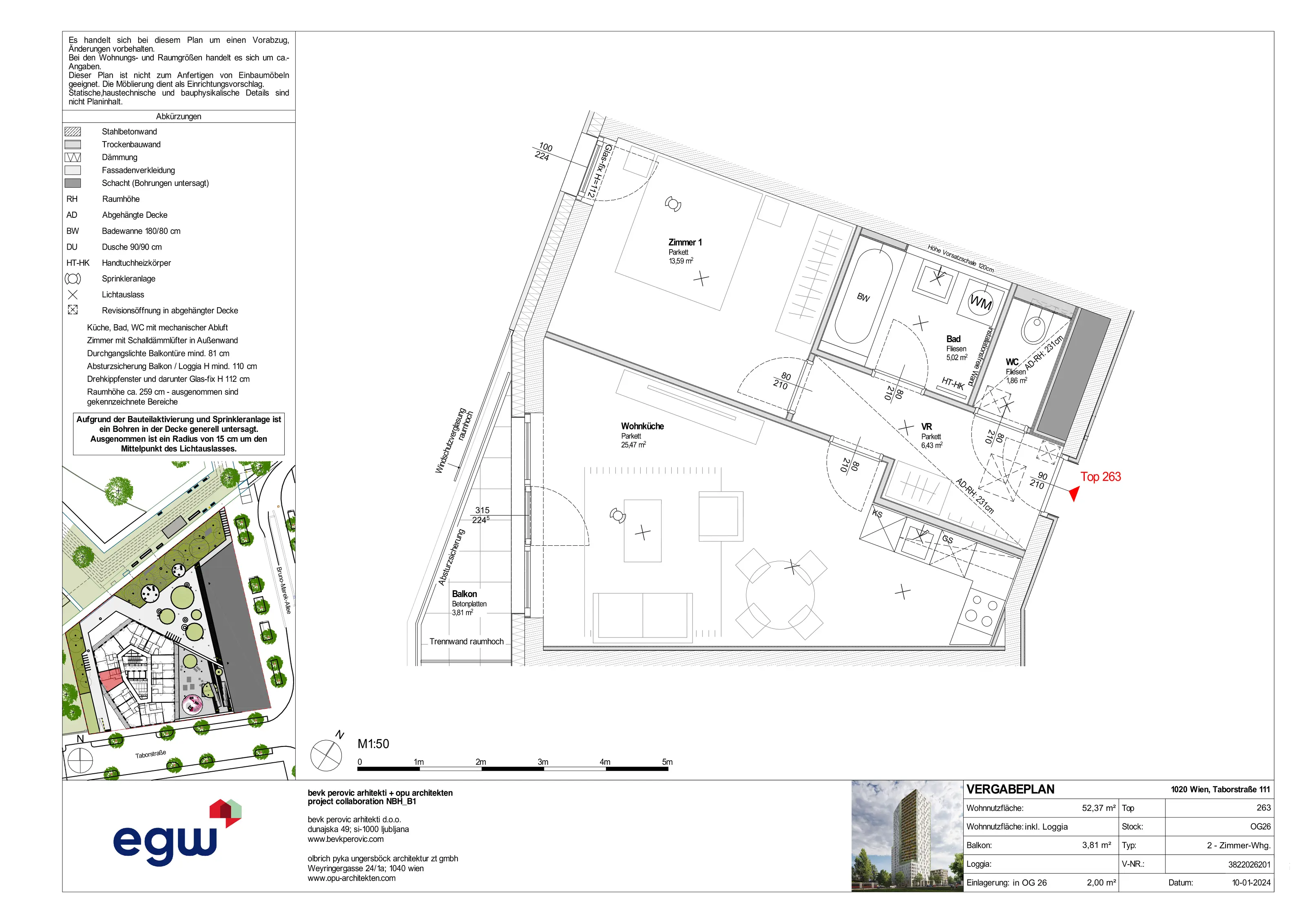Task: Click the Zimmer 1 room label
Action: click(x=685, y=243)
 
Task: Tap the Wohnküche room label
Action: click(x=642, y=426)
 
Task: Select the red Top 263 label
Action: click(x=1100, y=477)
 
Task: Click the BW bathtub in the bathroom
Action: click(x=863, y=297)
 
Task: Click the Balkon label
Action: click(x=464, y=594)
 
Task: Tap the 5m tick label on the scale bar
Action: click(x=667, y=762)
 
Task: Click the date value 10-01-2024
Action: click(x=1251, y=883)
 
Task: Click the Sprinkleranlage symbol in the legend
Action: click(x=73, y=279)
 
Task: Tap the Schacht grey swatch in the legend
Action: click(x=73, y=183)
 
